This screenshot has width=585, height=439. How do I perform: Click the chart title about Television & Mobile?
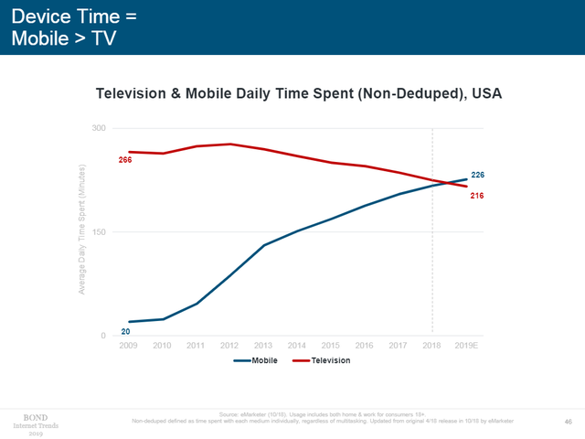click(299, 93)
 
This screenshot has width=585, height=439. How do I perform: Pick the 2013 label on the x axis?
click(262, 346)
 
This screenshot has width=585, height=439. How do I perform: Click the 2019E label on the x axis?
click(466, 346)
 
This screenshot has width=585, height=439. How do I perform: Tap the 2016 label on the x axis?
click(364, 346)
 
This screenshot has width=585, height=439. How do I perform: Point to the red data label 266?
click(125, 161)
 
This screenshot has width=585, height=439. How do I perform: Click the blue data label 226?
click(477, 174)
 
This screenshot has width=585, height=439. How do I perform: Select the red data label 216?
click(477, 196)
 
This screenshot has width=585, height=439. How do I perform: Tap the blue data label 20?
click(125, 331)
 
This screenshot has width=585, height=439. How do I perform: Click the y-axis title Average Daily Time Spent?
click(81, 230)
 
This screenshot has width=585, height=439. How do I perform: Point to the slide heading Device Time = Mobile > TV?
click(64, 27)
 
